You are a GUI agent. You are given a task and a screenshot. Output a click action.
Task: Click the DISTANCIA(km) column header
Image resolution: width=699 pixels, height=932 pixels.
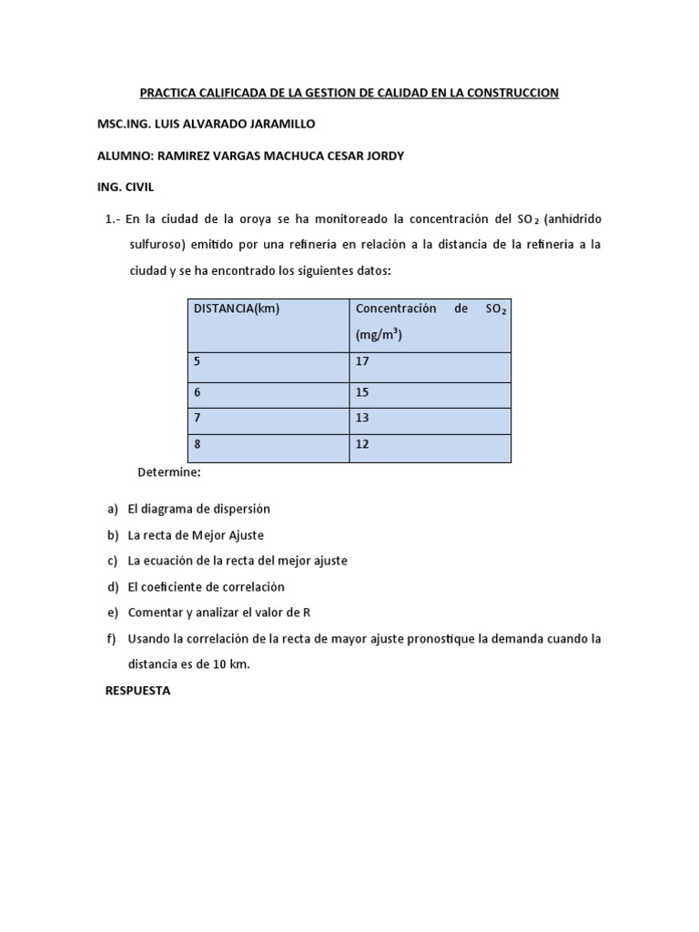coord(237,309)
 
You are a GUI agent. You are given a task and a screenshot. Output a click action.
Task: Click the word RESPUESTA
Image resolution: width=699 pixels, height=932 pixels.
coord(137,691)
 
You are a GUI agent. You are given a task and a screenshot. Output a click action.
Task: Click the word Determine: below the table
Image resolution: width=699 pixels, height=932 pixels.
coord(168,472)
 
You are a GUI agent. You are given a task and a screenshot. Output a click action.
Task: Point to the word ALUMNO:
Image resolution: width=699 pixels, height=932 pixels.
coord(125,156)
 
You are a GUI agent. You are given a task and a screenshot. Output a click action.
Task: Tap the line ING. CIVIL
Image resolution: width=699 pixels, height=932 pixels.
coord(126,187)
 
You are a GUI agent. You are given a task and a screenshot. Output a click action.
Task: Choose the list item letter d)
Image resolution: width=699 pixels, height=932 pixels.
coord(113,587)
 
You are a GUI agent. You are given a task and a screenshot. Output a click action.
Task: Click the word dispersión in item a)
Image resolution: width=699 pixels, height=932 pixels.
coord(239,509)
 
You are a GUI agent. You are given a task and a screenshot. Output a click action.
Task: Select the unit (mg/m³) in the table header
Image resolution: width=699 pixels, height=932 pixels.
coord(379,335)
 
